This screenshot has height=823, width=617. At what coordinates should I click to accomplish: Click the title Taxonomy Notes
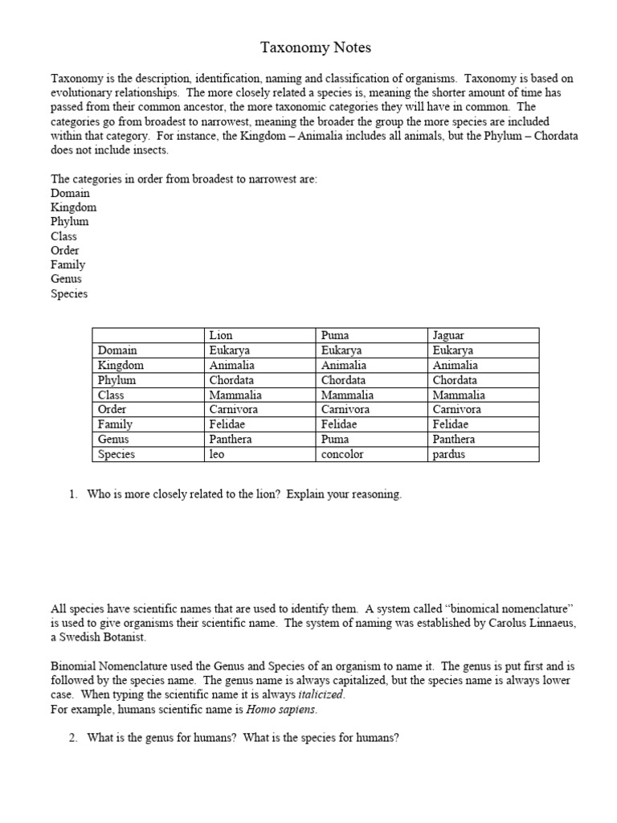click(x=316, y=48)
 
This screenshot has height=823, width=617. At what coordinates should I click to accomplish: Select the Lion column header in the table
click(x=221, y=335)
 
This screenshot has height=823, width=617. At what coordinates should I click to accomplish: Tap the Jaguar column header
click(x=448, y=335)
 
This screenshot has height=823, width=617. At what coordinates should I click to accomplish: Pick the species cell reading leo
click(x=217, y=454)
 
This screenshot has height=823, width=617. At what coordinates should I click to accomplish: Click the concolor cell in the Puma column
click(x=342, y=454)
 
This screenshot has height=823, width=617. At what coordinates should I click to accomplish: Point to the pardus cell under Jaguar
click(x=449, y=454)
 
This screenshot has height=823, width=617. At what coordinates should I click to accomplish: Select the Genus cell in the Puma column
click(x=334, y=440)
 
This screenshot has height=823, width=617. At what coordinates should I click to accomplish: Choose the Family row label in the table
click(x=115, y=424)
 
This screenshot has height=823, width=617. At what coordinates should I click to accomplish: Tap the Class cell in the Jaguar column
click(x=459, y=395)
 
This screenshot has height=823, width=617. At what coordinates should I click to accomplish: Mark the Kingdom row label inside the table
click(x=121, y=365)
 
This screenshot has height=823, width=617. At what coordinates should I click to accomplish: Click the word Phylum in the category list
click(x=70, y=222)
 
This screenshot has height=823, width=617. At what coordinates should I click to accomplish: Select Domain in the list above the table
click(x=71, y=193)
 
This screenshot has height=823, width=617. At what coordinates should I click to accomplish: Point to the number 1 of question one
click(x=73, y=495)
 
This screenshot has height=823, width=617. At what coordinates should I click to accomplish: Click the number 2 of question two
click(x=73, y=739)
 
